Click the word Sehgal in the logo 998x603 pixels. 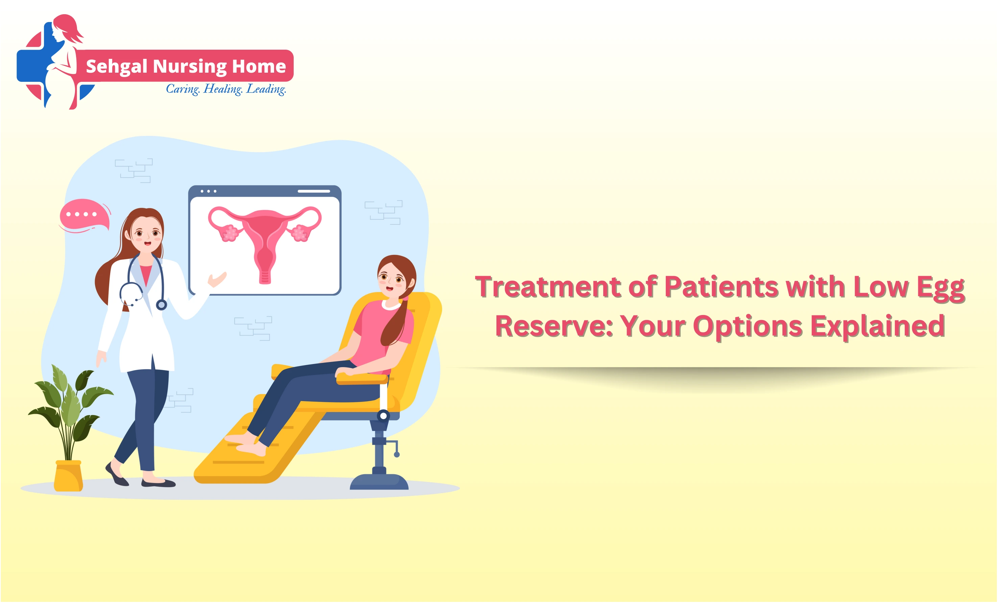pyautogui.click(x=116, y=66)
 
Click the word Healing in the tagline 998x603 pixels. pyautogui.click(x=222, y=89)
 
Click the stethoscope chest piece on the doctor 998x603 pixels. pyautogui.click(x=161, y=305)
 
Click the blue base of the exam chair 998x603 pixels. pyautogui.click(x=379, y=482)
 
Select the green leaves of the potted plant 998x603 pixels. pyautogui.click(x=69, y=401)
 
